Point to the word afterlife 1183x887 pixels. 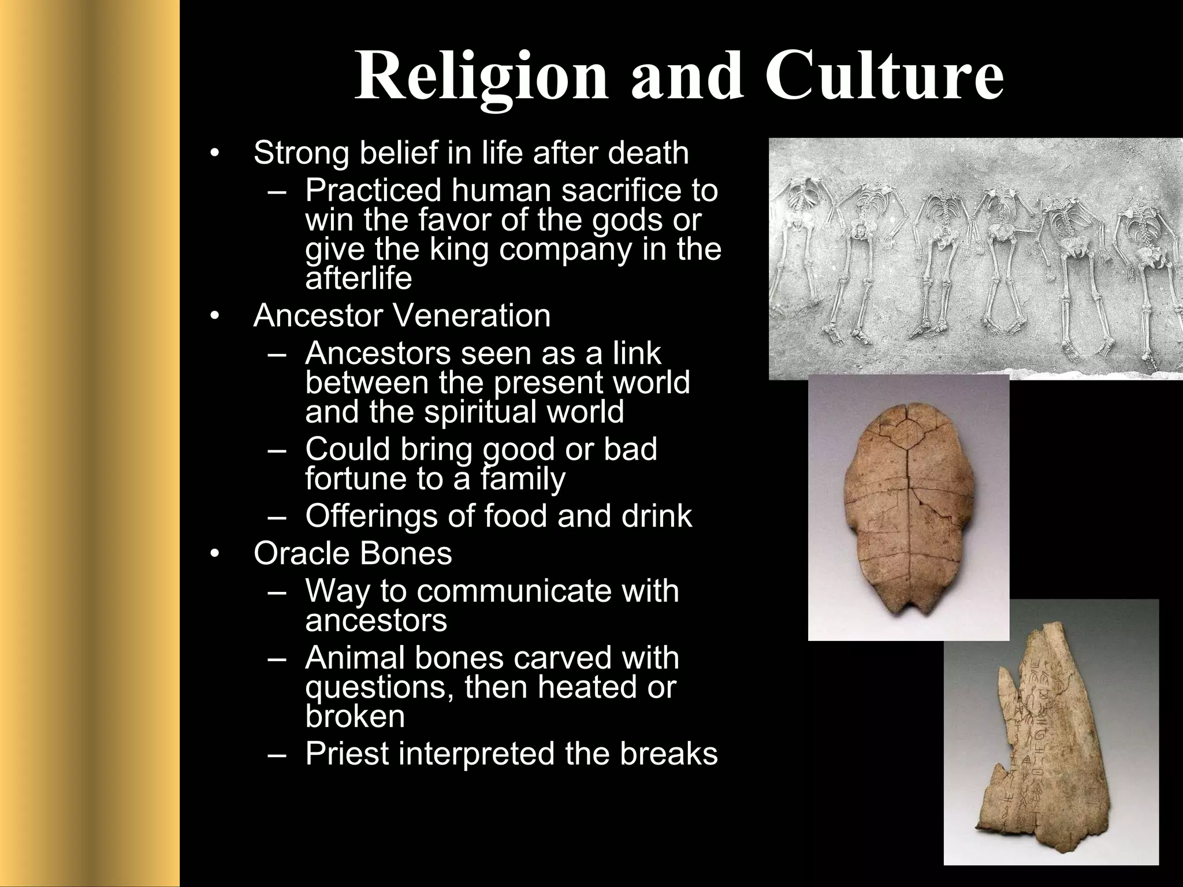pos(358,279)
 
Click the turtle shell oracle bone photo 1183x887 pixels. pos(908,508)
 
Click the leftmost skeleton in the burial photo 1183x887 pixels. pos(799,254)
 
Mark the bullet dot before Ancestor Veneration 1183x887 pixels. pos(215,316)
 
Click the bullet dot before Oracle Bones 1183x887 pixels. pos(215,554)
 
